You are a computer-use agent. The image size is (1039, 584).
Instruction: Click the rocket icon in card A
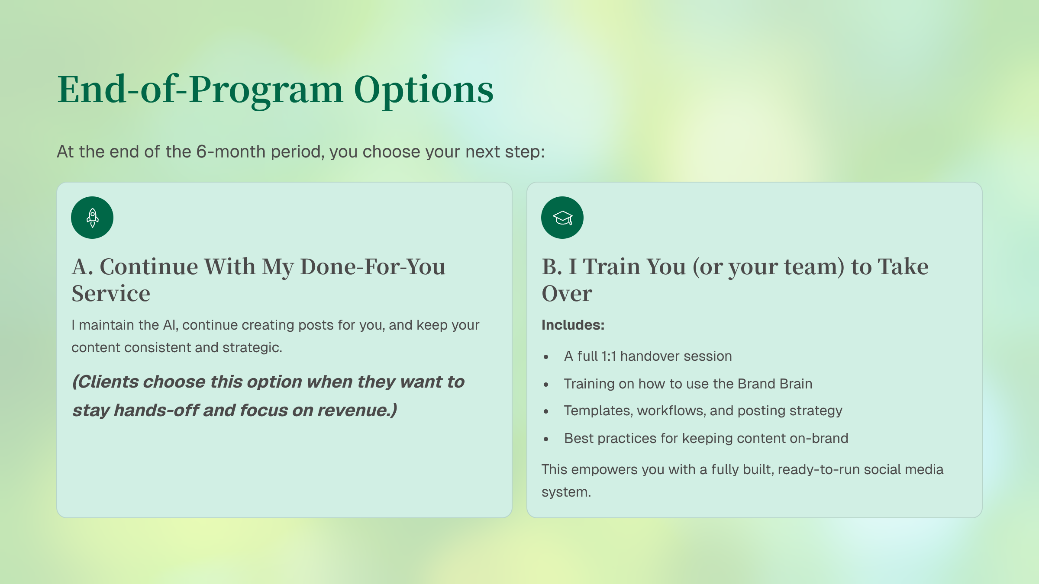[x=92, y=218]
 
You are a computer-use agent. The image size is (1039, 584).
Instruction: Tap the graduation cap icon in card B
[x=562, y=218]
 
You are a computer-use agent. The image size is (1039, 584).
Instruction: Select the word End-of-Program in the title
[x=200, y=90]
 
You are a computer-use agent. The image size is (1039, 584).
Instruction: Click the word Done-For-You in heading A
[x=372, y=266]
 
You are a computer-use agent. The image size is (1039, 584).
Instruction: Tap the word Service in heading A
[x=111, y=294]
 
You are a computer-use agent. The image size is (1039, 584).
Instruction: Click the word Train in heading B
[x=634, y=266]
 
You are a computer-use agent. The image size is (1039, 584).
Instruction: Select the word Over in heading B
[x=567, y=294]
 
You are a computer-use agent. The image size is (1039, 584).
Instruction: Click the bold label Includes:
[x=573, y=325]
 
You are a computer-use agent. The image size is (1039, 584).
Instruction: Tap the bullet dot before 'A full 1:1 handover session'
[x=546, y=357]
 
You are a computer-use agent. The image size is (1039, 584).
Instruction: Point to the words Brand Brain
[x=775, y=384]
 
